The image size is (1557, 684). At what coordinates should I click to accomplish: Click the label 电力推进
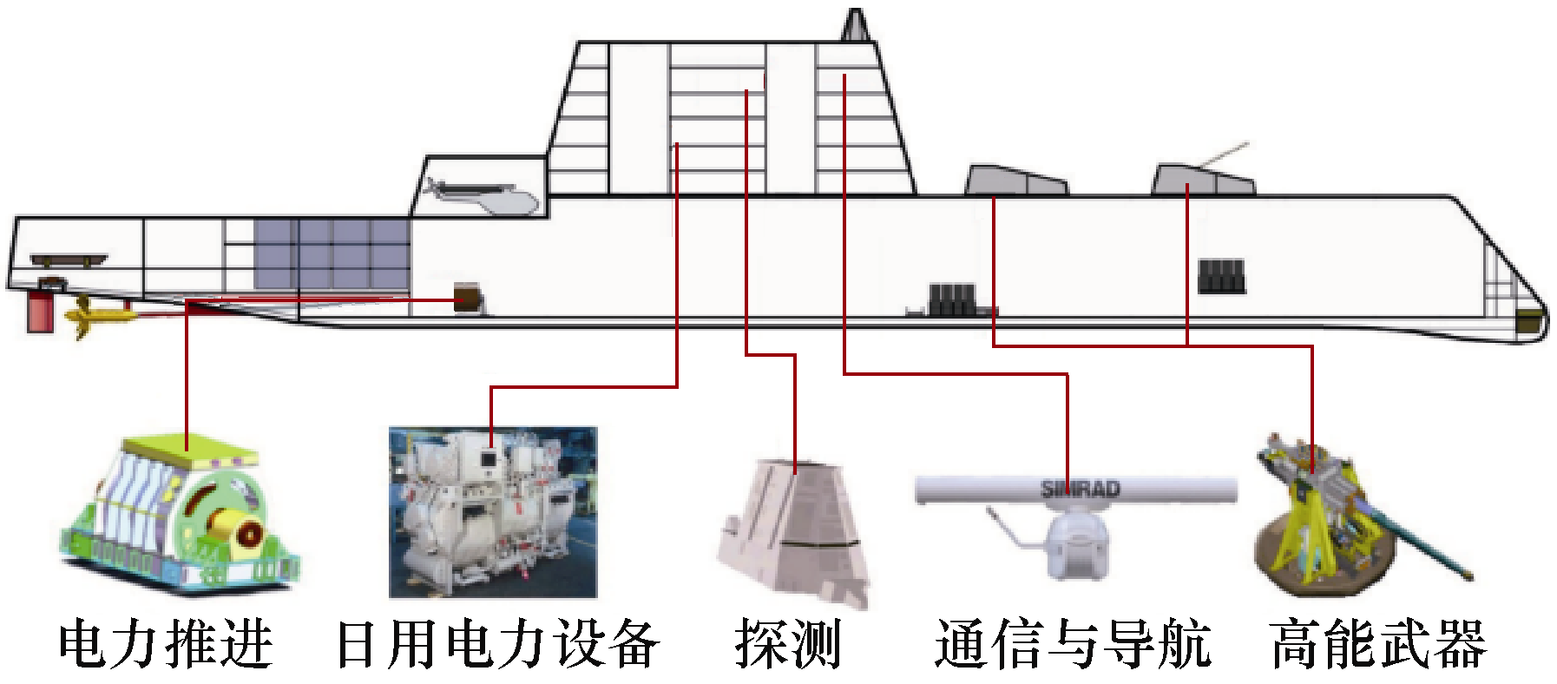coord(166,644)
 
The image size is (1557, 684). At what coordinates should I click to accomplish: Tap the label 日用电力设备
coord(497,644)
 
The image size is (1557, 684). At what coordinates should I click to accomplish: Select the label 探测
coord(788,644)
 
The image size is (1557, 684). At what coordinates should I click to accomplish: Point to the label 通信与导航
coord(1073,644)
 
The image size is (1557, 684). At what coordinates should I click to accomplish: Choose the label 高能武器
coord(1378,644)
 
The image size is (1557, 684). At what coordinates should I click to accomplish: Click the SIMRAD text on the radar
coord(1081,489)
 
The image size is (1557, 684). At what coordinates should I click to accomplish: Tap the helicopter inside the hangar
coord(483,197)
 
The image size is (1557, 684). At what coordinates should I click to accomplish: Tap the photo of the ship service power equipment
coord(493,512)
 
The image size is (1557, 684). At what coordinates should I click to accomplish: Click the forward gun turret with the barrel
coord(1203,180)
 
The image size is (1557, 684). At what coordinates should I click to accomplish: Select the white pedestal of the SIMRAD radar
coord(1076,543)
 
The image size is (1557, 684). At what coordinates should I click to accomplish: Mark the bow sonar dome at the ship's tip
coord(1529,322)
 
